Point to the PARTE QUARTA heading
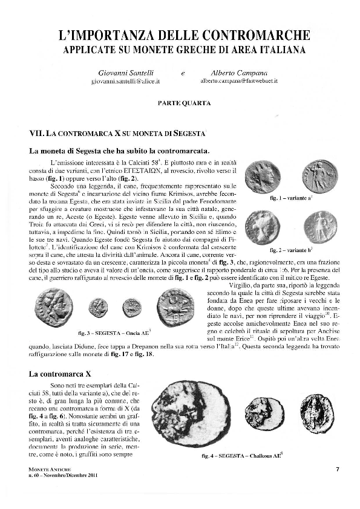[x=180, y=103]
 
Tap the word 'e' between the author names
[x=182, y=73]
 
